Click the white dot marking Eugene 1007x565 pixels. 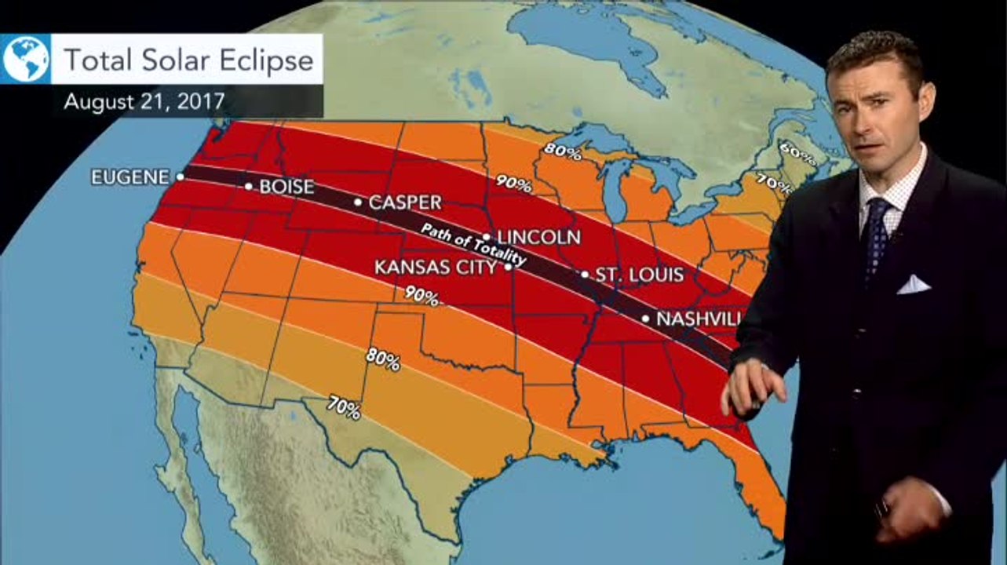[x=181, y=177]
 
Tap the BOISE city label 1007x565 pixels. [x=286, y=187]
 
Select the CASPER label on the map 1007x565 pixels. [x=405, y=202]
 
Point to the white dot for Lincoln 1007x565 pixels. [x=487, y=236]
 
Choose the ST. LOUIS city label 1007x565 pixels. [x=640, y=275]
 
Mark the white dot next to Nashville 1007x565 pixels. [x=646, y=319]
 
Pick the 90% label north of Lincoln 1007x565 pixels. [x=513, y=185]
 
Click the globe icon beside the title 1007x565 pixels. [x=26, y=59]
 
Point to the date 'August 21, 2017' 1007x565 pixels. [x=144, y=101]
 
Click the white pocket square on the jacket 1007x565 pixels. [x=914, y=284]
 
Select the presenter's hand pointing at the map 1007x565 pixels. [x=753, y=387]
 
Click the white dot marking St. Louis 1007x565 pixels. [x=585, y=275]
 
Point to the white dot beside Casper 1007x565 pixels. [x=358, y=202]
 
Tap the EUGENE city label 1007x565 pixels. [x=130, y=177]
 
